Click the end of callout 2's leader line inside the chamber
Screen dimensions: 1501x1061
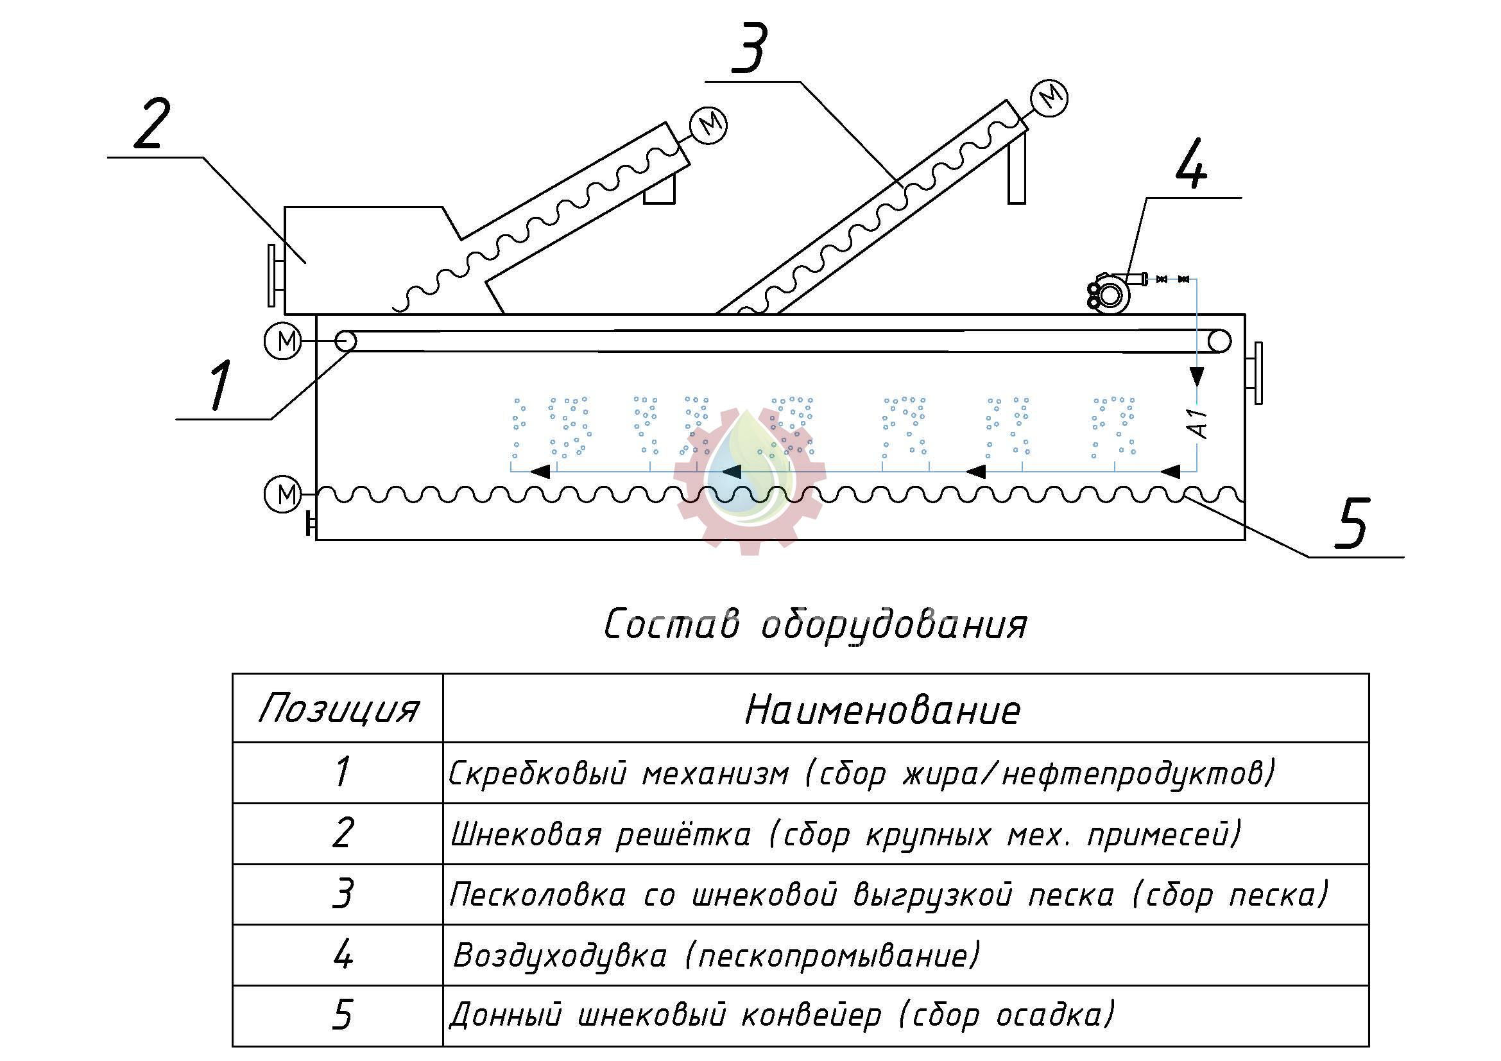point(306,263)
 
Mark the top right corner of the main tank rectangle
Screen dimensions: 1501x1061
point(1245,315)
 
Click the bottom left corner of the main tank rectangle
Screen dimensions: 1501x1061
point(316,539)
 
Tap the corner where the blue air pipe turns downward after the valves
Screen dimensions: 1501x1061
point(1197,279)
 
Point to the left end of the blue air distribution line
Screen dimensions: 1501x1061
point(511,470)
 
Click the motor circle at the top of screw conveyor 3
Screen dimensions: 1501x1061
point(1049,98)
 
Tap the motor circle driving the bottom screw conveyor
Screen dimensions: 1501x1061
point(282,494)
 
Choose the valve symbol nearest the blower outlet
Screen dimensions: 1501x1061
point(1162,279)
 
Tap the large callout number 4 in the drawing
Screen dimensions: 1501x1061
point(1190,164)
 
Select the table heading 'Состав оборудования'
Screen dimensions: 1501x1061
point(814,625)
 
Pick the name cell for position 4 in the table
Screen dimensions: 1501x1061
point(906,955)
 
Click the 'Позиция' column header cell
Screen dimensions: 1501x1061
point(338,708)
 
